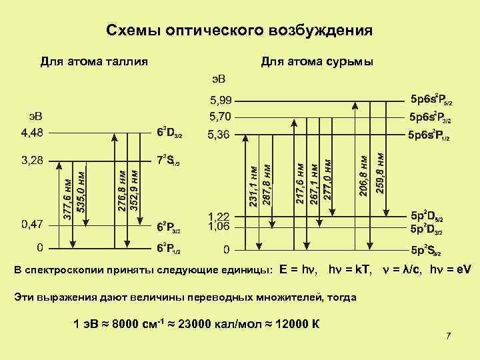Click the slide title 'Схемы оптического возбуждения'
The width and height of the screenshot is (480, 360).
[x=239, y=31]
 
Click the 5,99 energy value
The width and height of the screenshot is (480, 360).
[x=221, y=101]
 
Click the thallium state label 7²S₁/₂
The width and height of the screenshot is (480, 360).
[x=169, y=161]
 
